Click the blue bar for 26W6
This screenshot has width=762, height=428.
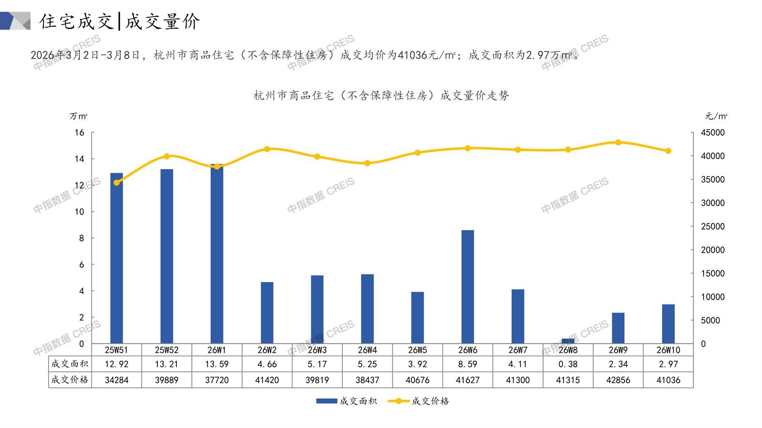[467, 286]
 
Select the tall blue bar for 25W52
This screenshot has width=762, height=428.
[167, 256]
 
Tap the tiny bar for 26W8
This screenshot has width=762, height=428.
[568, 341]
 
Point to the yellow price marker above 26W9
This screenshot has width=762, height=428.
[618, 142]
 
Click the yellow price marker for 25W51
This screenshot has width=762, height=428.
[117, 183]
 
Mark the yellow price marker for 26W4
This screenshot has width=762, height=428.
[367, 163]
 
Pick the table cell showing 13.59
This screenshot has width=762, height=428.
[217, 364]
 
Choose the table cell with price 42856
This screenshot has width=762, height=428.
[618, 380]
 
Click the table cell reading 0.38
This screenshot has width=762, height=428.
[568, 364]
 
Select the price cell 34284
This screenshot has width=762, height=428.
[117, 380]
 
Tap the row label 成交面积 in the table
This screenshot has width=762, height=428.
[70, 364]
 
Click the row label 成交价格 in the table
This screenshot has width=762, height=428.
[70, 380]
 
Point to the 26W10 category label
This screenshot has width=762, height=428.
[668, 350]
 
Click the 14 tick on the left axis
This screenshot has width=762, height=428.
[80, 159]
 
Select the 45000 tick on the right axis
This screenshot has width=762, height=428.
[712, 133]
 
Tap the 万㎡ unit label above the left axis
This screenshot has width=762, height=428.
[78, 116]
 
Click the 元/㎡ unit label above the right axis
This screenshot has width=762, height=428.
[716, 116]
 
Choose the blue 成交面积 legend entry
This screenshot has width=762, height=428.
[346, 401]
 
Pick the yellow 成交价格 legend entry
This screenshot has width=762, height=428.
[419, 401]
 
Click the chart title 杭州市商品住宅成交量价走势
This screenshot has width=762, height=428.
[381, 96]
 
